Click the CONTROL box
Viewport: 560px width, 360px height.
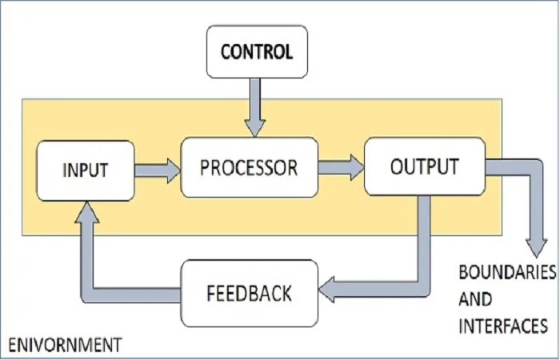(x=257, y=52)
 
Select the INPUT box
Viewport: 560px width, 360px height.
(x=86, y=170)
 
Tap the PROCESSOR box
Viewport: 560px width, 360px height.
(x=250, y=167)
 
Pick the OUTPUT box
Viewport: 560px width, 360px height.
(x=425, y=166)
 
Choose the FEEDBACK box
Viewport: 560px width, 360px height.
(x=250, y=294)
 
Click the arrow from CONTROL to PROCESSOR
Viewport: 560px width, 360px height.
(x=254, y=107)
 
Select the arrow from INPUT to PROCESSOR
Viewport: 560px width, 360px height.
(x=158, y=170)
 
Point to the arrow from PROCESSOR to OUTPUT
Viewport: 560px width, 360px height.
(x=341, y=167)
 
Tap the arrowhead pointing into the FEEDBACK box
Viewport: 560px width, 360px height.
(x=326, y=290)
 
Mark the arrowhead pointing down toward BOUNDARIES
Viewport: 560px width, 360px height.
(x=536, y=248)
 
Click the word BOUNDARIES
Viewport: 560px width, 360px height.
(x=507, y=272)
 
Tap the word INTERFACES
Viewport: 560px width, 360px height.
(x=503, y=326)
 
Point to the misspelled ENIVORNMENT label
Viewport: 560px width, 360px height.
(x=65, y=346)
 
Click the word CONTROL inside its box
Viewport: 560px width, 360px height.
(x=257, y=52)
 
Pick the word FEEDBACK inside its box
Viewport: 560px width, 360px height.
(x=250, y=294)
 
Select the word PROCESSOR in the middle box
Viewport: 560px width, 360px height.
(x=249, y=167)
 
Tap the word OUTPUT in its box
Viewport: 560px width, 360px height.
(x=425, y=166)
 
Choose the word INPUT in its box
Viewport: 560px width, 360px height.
(x=86, y=170)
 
